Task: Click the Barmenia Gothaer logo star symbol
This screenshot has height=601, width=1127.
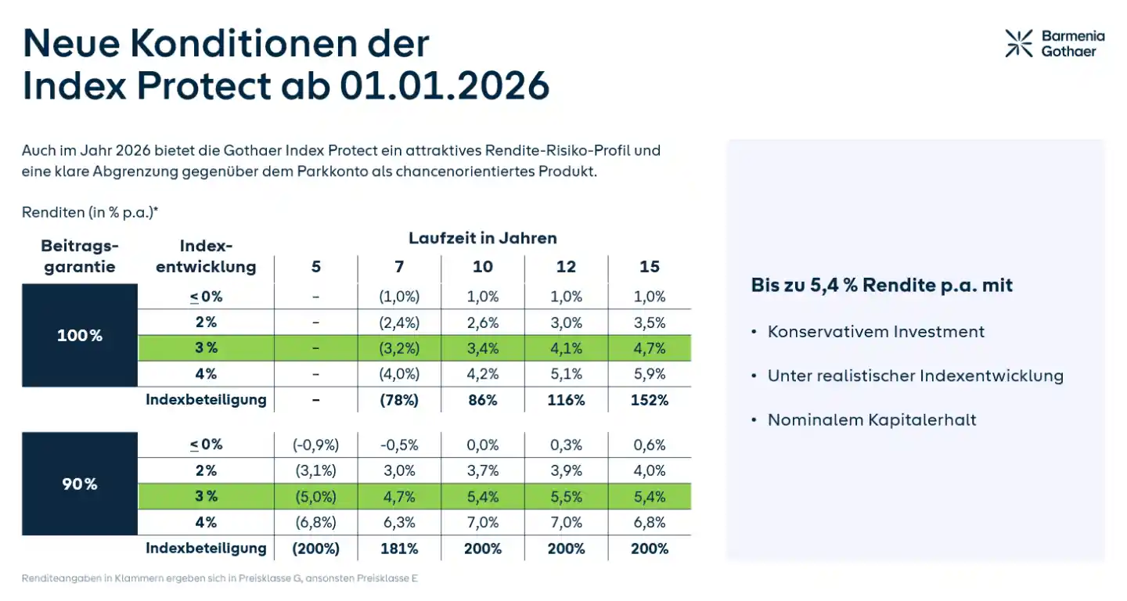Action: [1019, 43]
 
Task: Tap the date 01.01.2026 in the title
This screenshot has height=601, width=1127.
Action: [444, 85]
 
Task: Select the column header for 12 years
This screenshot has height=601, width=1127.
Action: [566, 267]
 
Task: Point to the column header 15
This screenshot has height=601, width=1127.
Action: [650, 267]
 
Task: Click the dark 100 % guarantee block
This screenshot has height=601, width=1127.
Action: [80, 336]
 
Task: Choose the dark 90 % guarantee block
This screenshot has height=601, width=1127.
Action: [80, 484]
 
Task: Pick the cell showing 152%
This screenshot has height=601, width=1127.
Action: [650, 400]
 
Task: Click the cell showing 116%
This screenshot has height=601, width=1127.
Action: [566, 400]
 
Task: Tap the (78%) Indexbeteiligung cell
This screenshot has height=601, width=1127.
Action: [399, 400]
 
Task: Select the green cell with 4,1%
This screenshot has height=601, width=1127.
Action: [566, 349]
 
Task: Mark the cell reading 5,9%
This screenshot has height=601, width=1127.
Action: [650, 374]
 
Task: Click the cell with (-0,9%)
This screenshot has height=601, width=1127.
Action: [315, 445]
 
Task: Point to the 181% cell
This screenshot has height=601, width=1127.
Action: [399, 549]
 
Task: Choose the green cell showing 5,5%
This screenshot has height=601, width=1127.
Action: [566, 497]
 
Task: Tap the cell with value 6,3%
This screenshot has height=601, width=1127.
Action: [399, 522]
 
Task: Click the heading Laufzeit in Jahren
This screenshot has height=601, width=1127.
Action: [482, 238]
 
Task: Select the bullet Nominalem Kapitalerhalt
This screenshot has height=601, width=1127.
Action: [872, 420]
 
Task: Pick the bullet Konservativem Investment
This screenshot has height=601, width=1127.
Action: [876, 332]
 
